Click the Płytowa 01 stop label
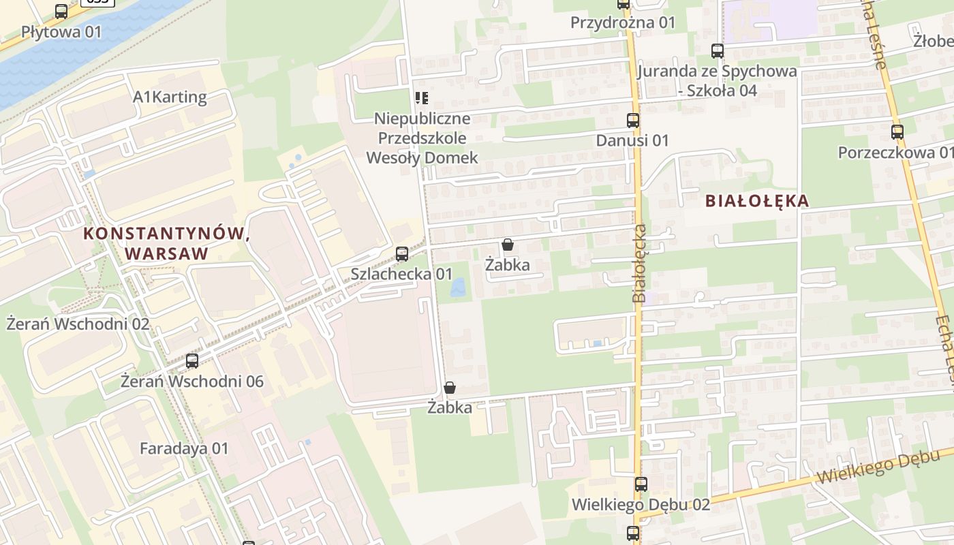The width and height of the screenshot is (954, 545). click(x=61, y=31)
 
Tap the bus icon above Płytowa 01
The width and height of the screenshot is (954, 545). click(x=61, y=11)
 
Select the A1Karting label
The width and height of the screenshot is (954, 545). click(x=170, y=97)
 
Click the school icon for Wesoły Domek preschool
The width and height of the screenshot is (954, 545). click(x=422, y=98)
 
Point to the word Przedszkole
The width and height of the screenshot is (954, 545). click(x=422, y=138)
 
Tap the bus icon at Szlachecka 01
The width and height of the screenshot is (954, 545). click(x=402, y=254)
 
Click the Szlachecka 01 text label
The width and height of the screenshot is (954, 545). click(x=401, y=274)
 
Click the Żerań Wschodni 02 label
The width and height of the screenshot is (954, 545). click(x=78, y=324)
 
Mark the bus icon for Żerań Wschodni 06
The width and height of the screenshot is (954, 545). click(x=192, y=361)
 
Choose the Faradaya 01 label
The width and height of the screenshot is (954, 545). click(x=184, y=449)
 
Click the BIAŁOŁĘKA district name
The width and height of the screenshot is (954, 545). click(x=757, y=201)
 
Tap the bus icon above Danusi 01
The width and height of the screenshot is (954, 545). click(x=633, y=121)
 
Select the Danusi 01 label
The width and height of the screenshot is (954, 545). click(x=632, y=140)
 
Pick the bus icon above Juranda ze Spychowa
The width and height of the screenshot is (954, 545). click(x=717, y=50)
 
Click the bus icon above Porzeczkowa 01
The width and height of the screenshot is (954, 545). click(x=897, y=132)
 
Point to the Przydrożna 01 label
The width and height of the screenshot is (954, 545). click(x=623, y=23)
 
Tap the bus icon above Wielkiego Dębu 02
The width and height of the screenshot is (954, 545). click(x=641, y=484)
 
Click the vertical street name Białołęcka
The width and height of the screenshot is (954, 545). click(x=639, y=263)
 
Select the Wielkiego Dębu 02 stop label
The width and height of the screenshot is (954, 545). click(x=641, y=505)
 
